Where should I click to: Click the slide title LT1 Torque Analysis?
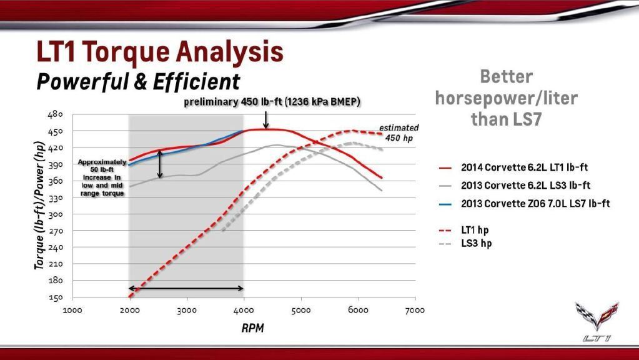pyautogui.click(x=159, y=53)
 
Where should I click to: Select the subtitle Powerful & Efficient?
pyautogui.click(x=137, y=81)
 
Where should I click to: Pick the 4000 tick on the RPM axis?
pyautogui.click(x=244, y=311)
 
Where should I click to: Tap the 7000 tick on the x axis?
pyautogui.click(x=415, y=311)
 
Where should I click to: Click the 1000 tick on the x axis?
pyautogui.click(x=73, y=311)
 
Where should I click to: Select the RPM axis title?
pyautogui.click(x=252, y=329)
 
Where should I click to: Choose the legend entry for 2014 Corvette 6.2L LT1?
pyautogui.click(x=524, y=167)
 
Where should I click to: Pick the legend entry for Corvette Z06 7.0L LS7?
pyautogui.click(x=535, y=204)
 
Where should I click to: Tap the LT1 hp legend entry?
pyautogui.click(x=475, y=230)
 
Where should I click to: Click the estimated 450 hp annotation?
pyautogui.click(x=399, y=132)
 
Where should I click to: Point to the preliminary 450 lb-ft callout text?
pyautogui.click(x=272, y=102)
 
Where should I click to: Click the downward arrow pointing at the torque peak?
pyautogui.click(x=266, y=119)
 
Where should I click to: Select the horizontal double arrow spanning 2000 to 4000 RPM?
pyautogui.click(x=186, y=288)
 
